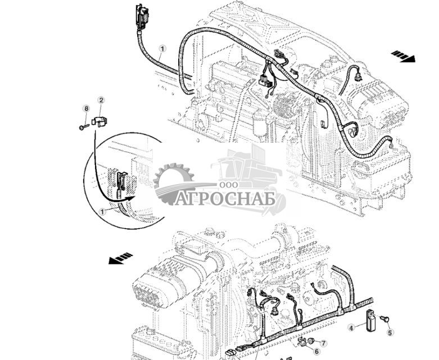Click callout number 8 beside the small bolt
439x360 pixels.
(x=86, y=108)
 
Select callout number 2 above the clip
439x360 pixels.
(x=101, y=100)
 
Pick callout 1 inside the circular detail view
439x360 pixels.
(x=102, y=211)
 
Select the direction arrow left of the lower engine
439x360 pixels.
(x=121, y=258)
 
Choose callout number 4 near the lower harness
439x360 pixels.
(x=351, y=327)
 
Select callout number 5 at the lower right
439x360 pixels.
(x=390, y=332)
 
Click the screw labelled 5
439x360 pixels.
(x=386, y=318)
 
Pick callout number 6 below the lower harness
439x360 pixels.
(x=316, y=351)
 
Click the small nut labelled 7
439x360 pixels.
(x=310, y=340)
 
